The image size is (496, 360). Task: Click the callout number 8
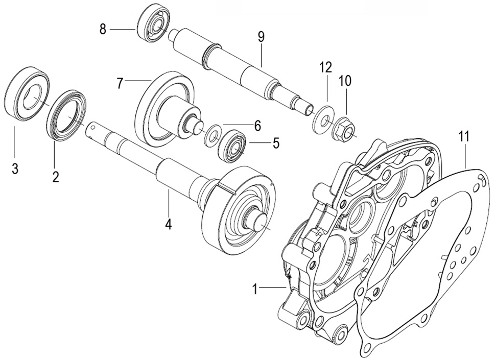103,29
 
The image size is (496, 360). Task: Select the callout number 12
326,67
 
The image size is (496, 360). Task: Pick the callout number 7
120,83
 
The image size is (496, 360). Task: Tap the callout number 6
257,125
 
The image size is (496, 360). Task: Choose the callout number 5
276,143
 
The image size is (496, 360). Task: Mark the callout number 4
168,224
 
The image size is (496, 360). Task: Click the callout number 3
15,169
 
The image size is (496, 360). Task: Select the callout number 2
55,177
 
